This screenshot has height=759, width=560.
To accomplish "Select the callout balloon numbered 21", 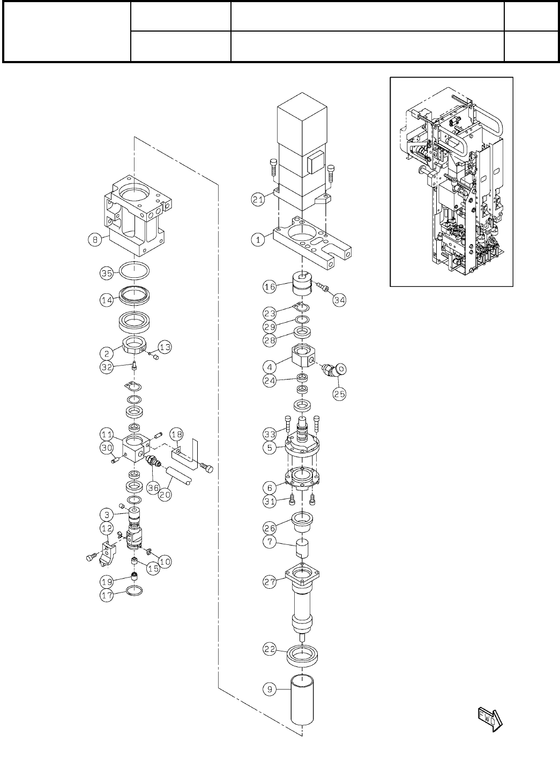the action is (259, 199).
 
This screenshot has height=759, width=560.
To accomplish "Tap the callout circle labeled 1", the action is (259, 240).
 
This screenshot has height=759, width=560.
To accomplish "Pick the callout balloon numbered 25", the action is (339, 393).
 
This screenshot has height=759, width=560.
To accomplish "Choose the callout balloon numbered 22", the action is (270, 649).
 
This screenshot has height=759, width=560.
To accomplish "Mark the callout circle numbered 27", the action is (270, 582).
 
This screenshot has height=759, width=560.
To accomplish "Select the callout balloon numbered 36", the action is (154, 488).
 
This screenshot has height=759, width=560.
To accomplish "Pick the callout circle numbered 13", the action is (165, 348).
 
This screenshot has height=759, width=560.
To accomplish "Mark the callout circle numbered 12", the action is (107, 528).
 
